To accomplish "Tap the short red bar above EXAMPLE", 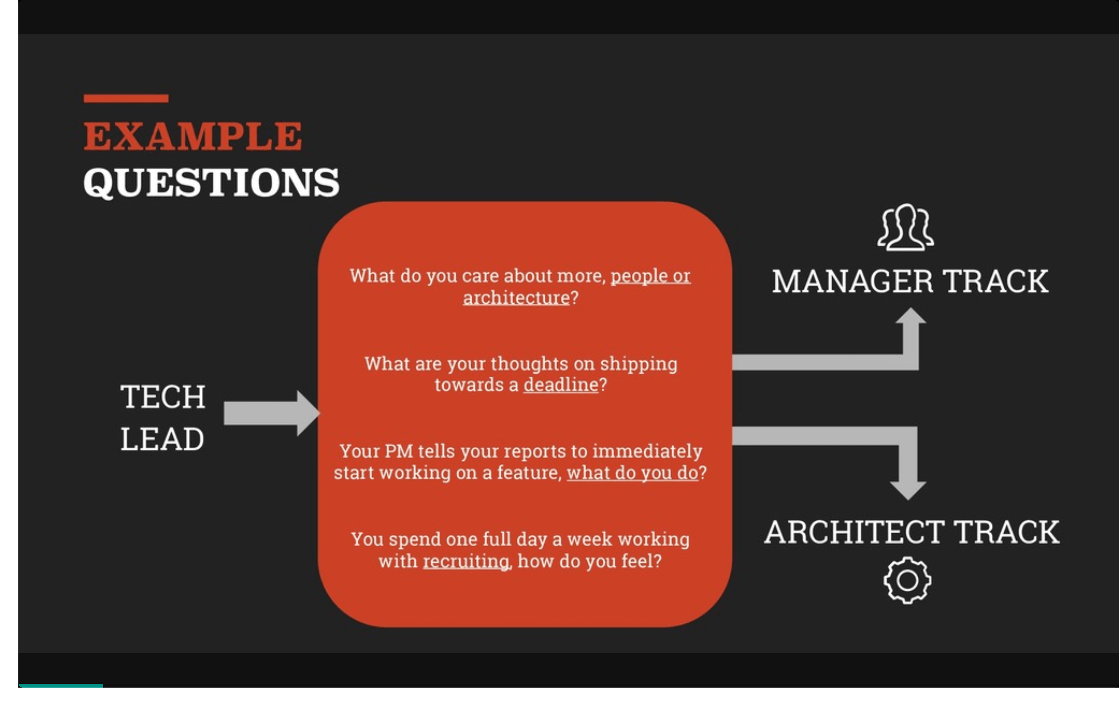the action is click(126, 99).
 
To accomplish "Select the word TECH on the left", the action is click(163, 397).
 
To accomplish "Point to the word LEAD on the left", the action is click(162, 439).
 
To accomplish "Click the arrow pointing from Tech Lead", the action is click(272, 413).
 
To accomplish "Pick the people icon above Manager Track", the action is click(906, 228).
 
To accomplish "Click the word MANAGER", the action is click(853, 282).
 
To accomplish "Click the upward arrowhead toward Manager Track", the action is click(911, 316).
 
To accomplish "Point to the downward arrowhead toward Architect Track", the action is click(908, 490).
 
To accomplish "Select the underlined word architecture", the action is click(516, 297).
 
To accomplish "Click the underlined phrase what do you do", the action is click(632, 473).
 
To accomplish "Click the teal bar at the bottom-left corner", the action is click(61, 685).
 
